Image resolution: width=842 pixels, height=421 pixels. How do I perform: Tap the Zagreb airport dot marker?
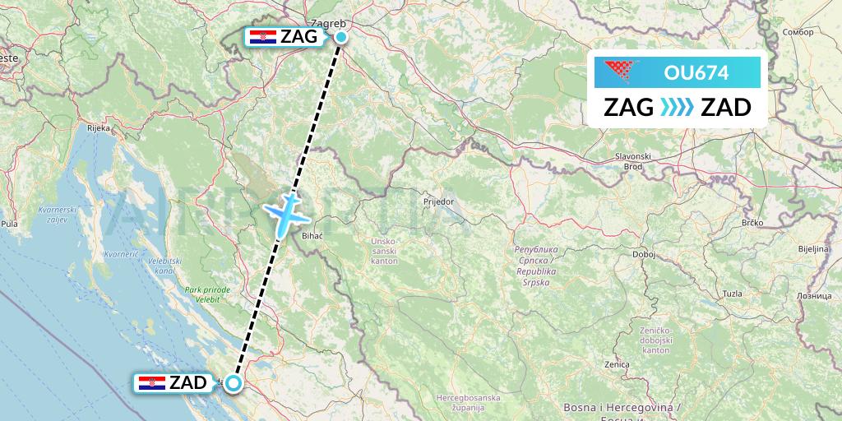[340, 36]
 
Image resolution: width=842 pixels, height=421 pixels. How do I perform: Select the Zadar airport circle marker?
[234, 382]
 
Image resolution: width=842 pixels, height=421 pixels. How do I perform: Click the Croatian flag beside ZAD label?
[152, 383]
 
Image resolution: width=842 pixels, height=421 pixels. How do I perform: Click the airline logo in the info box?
[623, 72]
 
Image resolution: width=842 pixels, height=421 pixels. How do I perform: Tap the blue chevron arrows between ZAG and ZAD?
[677, 108]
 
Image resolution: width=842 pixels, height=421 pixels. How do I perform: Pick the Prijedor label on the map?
[438, 201]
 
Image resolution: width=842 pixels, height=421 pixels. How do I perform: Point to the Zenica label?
[616, 363]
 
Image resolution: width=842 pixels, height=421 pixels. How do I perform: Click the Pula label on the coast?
[10, 223]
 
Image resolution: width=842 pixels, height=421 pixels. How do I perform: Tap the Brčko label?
[752, 222]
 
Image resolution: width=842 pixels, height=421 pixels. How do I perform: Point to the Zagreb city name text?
[328, 24]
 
